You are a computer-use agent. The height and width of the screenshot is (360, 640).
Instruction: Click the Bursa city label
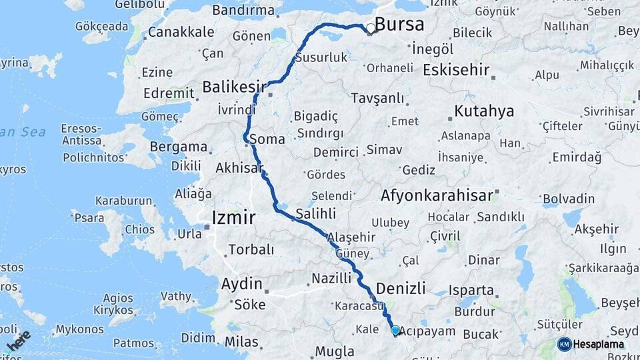[x=399, y=25]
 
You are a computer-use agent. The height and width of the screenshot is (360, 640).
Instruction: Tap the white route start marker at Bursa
[x=370, y=28]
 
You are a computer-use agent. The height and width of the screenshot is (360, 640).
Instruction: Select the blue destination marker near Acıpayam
[x=395, y=330]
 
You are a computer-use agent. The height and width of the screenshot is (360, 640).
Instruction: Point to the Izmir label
[x=233, y=218]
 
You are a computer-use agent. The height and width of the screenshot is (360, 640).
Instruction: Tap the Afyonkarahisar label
[x=437, y=196]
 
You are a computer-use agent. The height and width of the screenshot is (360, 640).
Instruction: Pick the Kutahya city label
[x=484, y=111]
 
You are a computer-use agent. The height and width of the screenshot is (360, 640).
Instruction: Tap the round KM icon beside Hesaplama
[x=564, y=344]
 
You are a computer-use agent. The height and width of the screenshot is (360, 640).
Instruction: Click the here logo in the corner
[x=18, y=341]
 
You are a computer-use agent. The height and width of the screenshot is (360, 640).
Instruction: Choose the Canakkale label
[x=181, y=32]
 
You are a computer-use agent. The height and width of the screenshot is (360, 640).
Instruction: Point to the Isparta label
[x=471, y=291]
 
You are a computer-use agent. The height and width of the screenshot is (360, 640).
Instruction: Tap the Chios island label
[x=139, y=230]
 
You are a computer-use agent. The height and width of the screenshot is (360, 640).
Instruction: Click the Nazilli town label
[x=331, y=278]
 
